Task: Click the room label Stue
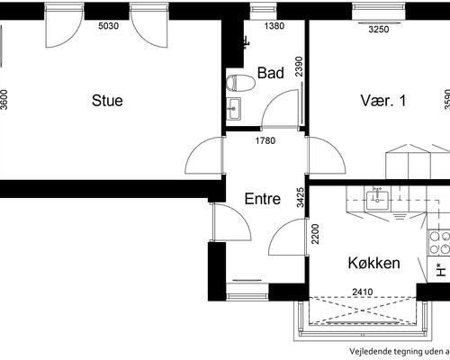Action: tap(107, 101)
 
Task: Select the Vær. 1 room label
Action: tap(383, 101)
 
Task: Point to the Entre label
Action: tap(263, 199)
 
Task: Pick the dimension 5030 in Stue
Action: tap(109, 26)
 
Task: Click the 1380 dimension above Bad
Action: tap(274, 26)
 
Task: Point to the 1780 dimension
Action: tap(265, 140)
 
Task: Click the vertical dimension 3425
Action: tap(301, 196)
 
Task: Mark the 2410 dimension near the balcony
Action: tap(362, 291)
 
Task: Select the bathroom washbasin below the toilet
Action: tap(234, 110)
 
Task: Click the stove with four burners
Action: tap(440, 242)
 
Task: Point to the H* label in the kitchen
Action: tap(440, 267)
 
